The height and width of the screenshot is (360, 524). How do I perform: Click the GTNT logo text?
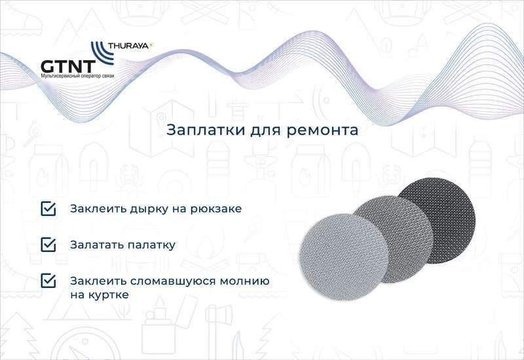click(68, 66)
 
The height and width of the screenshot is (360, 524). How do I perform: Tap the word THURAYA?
click(128, 46)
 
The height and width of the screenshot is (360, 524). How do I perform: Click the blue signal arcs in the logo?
click(102, 53)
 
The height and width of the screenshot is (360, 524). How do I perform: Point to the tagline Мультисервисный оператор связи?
click(77, 76)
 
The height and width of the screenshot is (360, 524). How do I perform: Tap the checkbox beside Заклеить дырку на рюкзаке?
click(48, 209)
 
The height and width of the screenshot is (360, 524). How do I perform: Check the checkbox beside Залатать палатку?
click(48, 245)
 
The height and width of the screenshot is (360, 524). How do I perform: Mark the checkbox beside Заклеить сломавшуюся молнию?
click(48, 281)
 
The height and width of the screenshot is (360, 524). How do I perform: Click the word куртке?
click(109, 295)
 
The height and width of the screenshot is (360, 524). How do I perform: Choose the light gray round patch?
click(344, 257)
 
